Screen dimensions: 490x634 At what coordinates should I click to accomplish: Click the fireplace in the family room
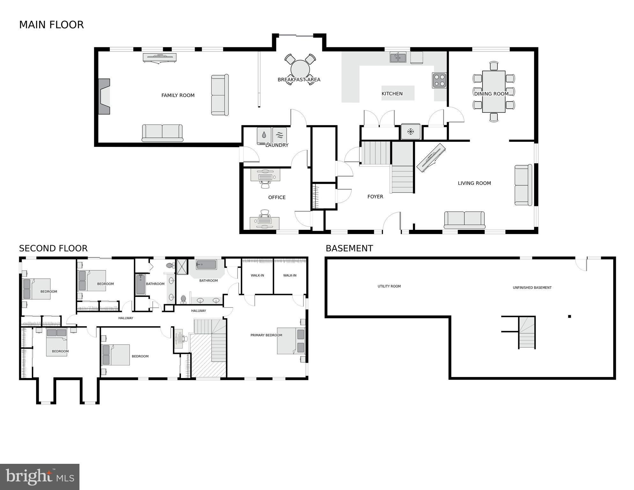104,96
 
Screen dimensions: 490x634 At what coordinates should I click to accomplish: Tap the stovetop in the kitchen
439,80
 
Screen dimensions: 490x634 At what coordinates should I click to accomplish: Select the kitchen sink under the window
398,58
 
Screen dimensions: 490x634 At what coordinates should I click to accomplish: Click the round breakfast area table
300,69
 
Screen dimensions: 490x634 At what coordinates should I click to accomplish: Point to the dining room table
494,92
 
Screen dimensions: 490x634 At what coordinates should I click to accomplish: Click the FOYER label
375,197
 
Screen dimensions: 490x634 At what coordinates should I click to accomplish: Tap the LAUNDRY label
277,145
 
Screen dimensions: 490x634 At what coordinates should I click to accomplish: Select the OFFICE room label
277,198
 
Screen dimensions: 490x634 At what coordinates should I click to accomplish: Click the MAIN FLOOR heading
51,25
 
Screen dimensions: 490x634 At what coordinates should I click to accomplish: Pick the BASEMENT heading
349,248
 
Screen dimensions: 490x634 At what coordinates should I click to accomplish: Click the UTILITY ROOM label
389,286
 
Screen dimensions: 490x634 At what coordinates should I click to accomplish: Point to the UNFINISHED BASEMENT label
532,288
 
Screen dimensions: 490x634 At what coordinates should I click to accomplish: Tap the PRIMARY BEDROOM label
266,335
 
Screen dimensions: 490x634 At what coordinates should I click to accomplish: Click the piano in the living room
431,158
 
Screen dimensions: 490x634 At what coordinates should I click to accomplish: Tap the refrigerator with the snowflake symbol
410,132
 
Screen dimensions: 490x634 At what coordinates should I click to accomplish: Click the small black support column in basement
569,317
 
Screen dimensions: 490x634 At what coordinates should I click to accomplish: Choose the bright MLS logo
40,477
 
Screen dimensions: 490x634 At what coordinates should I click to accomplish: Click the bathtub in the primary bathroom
206,265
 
